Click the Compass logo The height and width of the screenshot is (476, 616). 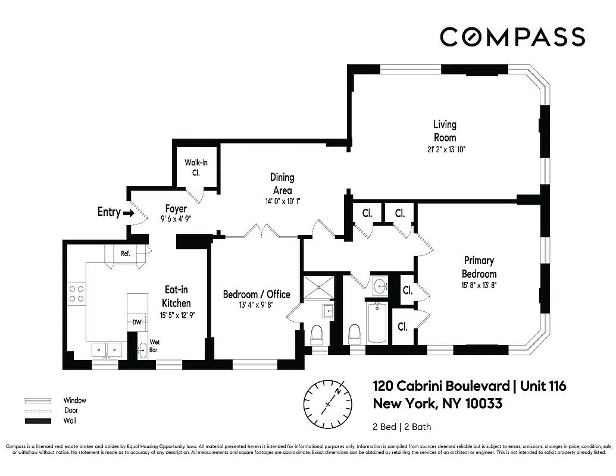click(x=512, y=36)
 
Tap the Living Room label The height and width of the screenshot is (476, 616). click(x=445, y=131)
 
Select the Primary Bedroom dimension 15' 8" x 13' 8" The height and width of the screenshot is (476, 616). click(x=479, y=285)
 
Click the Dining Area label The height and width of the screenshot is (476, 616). click(x=282, y=183)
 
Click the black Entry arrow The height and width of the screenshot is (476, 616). click(x=128, y=212)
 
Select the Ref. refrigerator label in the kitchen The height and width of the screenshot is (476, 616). click(x=126, y=253)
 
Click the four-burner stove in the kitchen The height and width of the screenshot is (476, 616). click(x=76, y=294)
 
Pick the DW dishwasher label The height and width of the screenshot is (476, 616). click(x=137, y=322)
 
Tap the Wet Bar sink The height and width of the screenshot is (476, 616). click(x=142, y=350)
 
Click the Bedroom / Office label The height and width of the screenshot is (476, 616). click(x=257, y=295)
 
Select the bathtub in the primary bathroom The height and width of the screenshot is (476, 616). click(x=377, y=323)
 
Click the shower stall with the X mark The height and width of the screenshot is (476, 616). click(x=320, y=287)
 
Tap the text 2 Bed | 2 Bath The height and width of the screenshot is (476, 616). click(x=402, y=427)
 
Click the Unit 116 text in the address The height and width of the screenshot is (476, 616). click(x=543, y=386)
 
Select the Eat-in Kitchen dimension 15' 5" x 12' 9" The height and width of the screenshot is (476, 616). click(x=176, y=315)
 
